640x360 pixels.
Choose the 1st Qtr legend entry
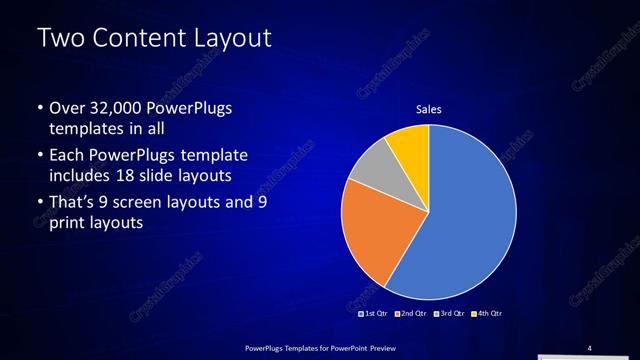tap(374, 314)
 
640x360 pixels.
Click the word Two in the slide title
tap(60, 40)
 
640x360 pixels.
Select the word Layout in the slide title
tap(231, 40)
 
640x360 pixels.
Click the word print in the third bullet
tap(66, 223)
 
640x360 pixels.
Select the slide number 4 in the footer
tap(589, 347)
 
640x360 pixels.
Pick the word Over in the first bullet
tap(66, 108)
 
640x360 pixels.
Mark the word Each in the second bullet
tap(66, 156)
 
